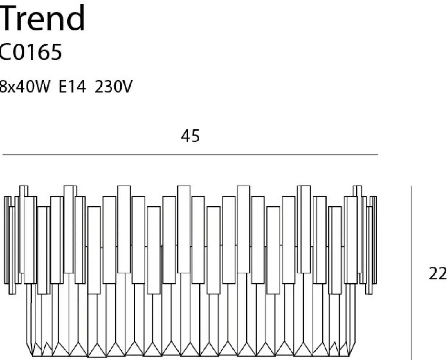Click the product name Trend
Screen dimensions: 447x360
(x=42, y=18)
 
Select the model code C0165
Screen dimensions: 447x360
(x=30, y=52)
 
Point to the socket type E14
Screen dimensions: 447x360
(x=72, y=87)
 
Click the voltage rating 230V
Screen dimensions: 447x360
(x=113, y=87)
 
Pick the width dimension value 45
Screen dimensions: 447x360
(x=190, y=136)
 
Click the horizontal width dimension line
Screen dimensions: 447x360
(x=190, y=154)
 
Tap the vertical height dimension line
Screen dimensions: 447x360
(x=412, y=273)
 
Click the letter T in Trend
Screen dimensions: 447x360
(x=8, y=18)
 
